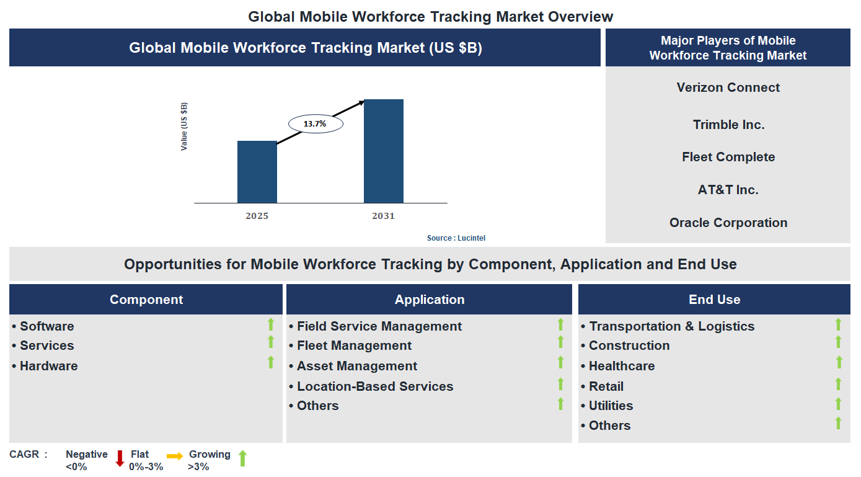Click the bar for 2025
257,172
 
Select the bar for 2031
384,151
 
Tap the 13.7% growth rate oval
316,123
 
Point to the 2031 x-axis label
383,216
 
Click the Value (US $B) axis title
184,127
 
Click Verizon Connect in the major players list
728,87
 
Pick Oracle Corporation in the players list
728,223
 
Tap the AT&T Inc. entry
728,190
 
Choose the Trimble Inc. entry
728,125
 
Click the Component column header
146,300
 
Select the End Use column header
714,300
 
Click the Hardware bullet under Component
48,366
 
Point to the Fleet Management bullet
354,345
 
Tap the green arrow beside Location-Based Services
560,384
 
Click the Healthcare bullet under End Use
621,366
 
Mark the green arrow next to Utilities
838,404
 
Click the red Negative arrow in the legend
120,458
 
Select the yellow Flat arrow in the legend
175,457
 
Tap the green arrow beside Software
270,324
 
